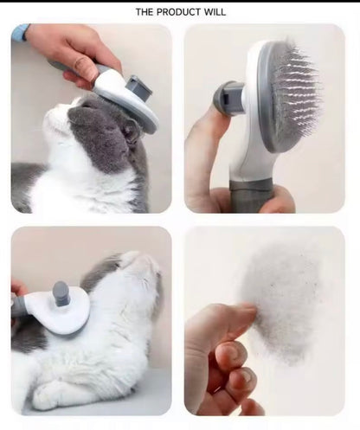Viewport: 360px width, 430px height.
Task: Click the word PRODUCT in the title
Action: pos(180,12)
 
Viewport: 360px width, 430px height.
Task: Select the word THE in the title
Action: pos(145,12)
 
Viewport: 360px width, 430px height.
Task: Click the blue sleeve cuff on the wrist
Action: pos(19,33)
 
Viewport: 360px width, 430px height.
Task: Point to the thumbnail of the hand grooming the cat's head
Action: pos(91,118)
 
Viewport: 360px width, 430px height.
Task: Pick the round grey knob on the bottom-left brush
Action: pos(61,295)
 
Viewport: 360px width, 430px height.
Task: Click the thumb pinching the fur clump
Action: pos(227,318)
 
